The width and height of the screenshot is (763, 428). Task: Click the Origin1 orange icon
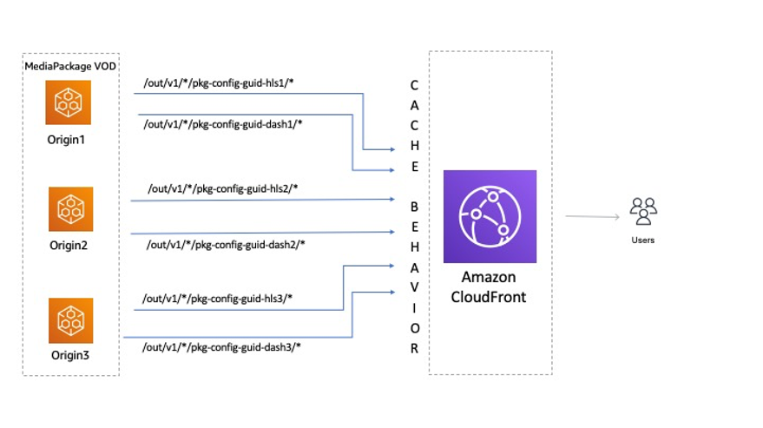point(68,102)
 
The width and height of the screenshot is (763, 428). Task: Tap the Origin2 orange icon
point(70,209)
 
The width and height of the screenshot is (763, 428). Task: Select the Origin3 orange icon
point(70,320)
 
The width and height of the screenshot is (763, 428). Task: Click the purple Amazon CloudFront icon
point(490,216)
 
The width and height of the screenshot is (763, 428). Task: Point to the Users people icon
point(643,211)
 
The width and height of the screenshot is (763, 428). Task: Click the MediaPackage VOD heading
point(70,66)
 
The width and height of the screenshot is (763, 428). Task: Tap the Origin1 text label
point(66,140)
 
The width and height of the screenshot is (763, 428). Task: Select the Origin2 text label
point(69,245)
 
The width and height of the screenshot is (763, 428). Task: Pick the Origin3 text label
point(70,355)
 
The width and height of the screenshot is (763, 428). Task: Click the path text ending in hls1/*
point(219,82)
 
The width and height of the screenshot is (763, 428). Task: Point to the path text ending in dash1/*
point(223,124)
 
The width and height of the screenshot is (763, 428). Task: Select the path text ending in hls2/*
point(223,188)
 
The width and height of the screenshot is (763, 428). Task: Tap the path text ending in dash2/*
point(226,245)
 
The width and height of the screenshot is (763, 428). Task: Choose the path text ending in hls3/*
point(217,298)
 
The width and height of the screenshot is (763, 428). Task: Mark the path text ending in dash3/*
point(221,347)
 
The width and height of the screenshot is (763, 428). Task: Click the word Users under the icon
point(643,240)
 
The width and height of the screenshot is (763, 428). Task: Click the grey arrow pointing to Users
point(592,216)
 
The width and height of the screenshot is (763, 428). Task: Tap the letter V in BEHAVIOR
point(414,287)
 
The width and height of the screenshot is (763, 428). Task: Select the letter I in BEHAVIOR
point(414,307)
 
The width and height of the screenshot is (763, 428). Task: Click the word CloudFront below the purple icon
point(489,297)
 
